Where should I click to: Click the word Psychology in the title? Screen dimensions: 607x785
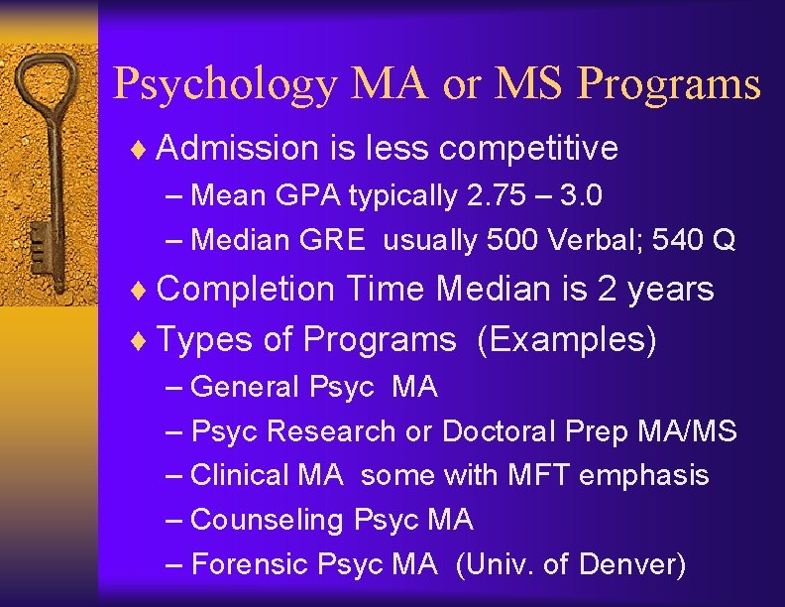[x=225, y=84]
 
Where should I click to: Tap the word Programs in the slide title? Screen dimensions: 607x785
[x=669, y=84]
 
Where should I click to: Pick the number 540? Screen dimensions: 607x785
[x=685, y=240]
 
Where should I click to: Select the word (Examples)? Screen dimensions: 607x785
[x=567, y=340]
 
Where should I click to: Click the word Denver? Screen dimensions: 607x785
[x=630, y=564]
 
